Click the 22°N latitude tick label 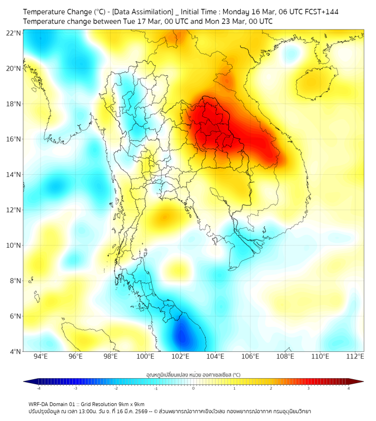14,33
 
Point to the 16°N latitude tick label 14,139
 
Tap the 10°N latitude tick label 14,246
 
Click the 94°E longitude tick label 41,356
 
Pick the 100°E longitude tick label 146,356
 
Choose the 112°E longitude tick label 355,356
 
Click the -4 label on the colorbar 38,388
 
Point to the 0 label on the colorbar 194,388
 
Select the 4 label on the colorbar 349,388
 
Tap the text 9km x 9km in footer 129,404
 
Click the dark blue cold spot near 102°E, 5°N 181,336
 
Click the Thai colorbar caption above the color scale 193,374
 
